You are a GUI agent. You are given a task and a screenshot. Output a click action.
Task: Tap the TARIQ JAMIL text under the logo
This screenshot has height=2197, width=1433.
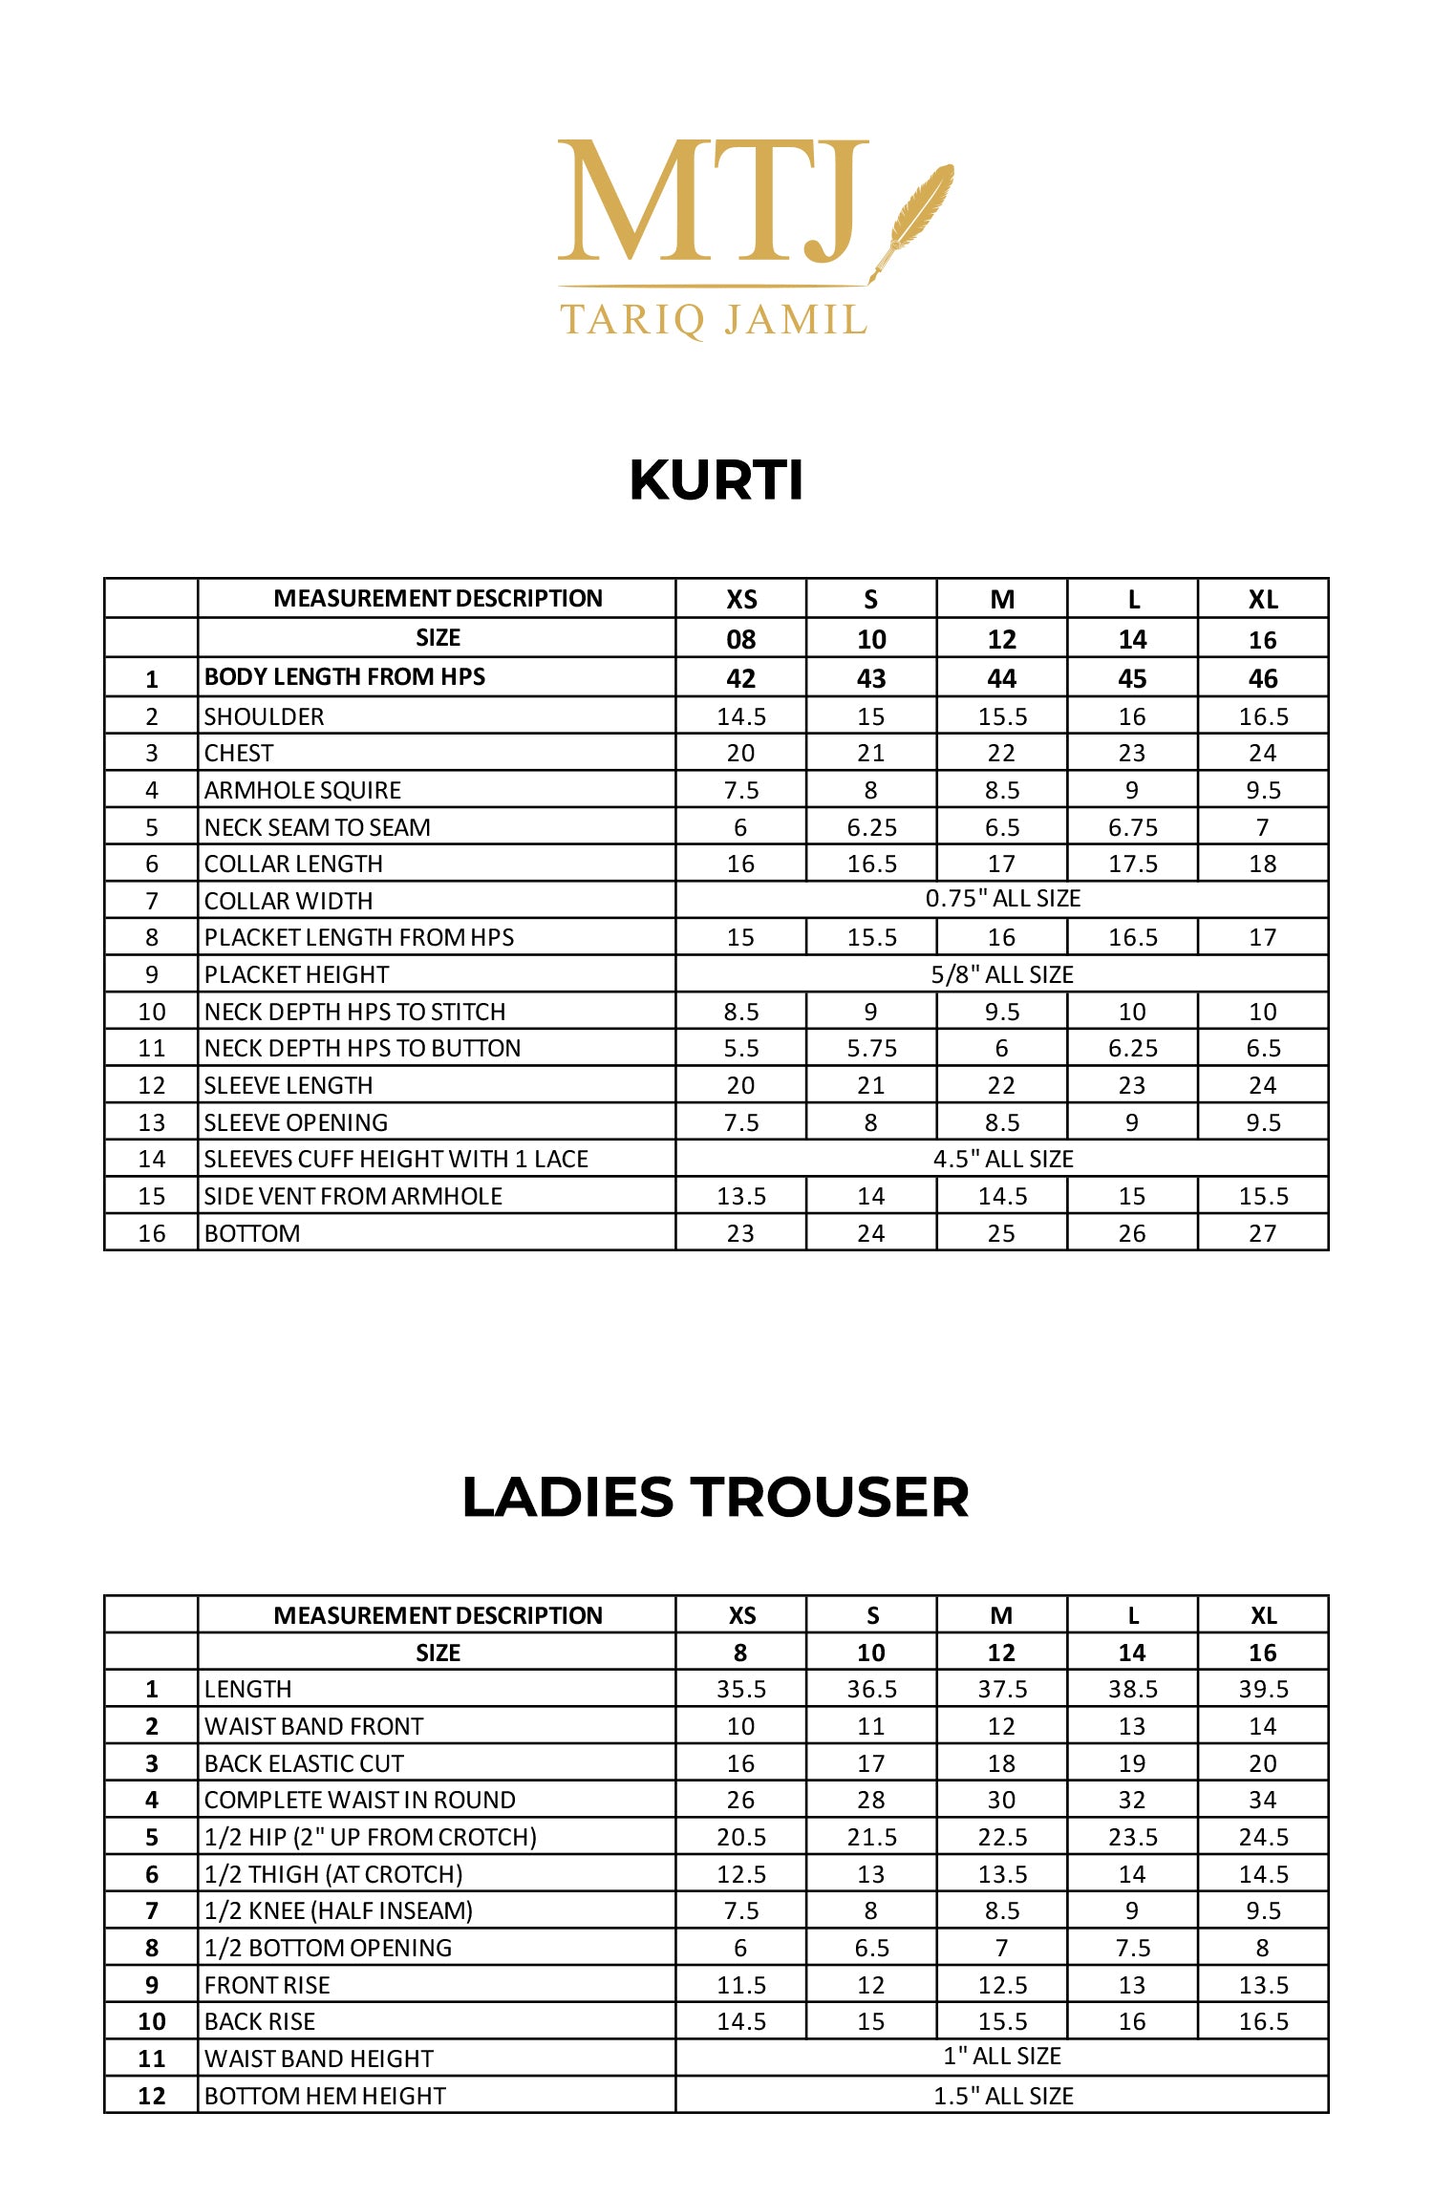pyautogui.click(x=713, y=320)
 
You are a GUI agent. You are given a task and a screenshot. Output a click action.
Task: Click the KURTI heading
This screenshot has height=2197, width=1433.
pyautogui.click(x=716, y=480)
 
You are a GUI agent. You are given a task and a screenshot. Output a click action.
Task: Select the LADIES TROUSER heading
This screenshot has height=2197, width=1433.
pyautogui.click(x=716, y=1496)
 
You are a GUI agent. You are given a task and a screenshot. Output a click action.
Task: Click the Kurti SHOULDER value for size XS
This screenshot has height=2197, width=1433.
pyautogui.click(x=741, y=716)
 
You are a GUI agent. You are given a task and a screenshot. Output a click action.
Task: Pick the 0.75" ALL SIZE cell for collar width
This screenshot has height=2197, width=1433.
pyautogui.click(x=1002, y=899)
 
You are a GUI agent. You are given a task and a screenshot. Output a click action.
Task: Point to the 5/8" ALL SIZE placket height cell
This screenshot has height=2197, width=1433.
pyautogui.click(x=1002, y=974)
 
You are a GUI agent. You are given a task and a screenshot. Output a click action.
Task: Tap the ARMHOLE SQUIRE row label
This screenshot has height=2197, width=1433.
pyautogui.click(x=303, y=790)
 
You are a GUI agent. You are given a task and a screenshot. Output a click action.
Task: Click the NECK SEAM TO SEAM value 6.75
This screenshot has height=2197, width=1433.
pyautogui.click(x=1132, y=827)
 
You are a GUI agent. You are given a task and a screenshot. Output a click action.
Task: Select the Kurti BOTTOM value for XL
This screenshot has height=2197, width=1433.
pyautogui.click(x=1262, y=1233)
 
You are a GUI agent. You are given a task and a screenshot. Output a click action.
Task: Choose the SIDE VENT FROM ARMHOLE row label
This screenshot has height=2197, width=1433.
pyautogui.click(x=353, y=1196)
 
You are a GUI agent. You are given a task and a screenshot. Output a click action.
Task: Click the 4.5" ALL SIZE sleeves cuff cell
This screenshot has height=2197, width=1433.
pyautogui.click(x=1002, y=1159)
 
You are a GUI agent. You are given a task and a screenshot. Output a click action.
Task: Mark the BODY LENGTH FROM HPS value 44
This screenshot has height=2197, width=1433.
pyautogui.click(x=1001, y=678)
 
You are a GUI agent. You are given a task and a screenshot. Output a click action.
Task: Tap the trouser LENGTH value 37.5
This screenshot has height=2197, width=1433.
pyautogui.click(x=1001, y=1689)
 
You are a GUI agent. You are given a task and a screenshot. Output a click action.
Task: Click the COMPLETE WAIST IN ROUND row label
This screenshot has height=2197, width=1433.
pyautogui.click(x=360, y=1800)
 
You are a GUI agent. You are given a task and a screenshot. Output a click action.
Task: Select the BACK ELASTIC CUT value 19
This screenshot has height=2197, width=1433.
pyautogui.click(x=1132, y=1763)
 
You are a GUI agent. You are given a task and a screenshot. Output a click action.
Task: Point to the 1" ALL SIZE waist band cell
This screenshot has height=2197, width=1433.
pyautogui.click(x=1002, y=2056)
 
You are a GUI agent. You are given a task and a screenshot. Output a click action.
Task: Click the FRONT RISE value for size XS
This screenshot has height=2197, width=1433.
pyautogui.click(x=741, y=1985)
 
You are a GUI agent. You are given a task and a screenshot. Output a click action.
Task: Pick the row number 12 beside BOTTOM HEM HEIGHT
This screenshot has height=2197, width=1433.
pyautogui.click(x=152, y=2096)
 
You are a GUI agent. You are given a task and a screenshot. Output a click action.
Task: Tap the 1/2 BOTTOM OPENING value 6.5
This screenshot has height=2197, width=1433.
pyautogui.click(x=871, y=1948)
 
